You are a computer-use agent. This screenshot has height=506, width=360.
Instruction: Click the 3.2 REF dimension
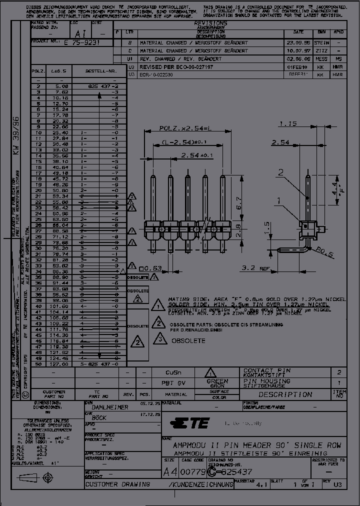(253, 268)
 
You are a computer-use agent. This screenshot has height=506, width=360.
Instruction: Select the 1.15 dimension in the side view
(288, 123)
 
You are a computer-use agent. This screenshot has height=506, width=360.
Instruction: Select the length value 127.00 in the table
(52, 364)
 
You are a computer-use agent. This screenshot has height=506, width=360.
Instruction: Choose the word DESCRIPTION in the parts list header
(285, 394)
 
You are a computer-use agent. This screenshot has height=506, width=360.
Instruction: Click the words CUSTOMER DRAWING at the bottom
(117, 484)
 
